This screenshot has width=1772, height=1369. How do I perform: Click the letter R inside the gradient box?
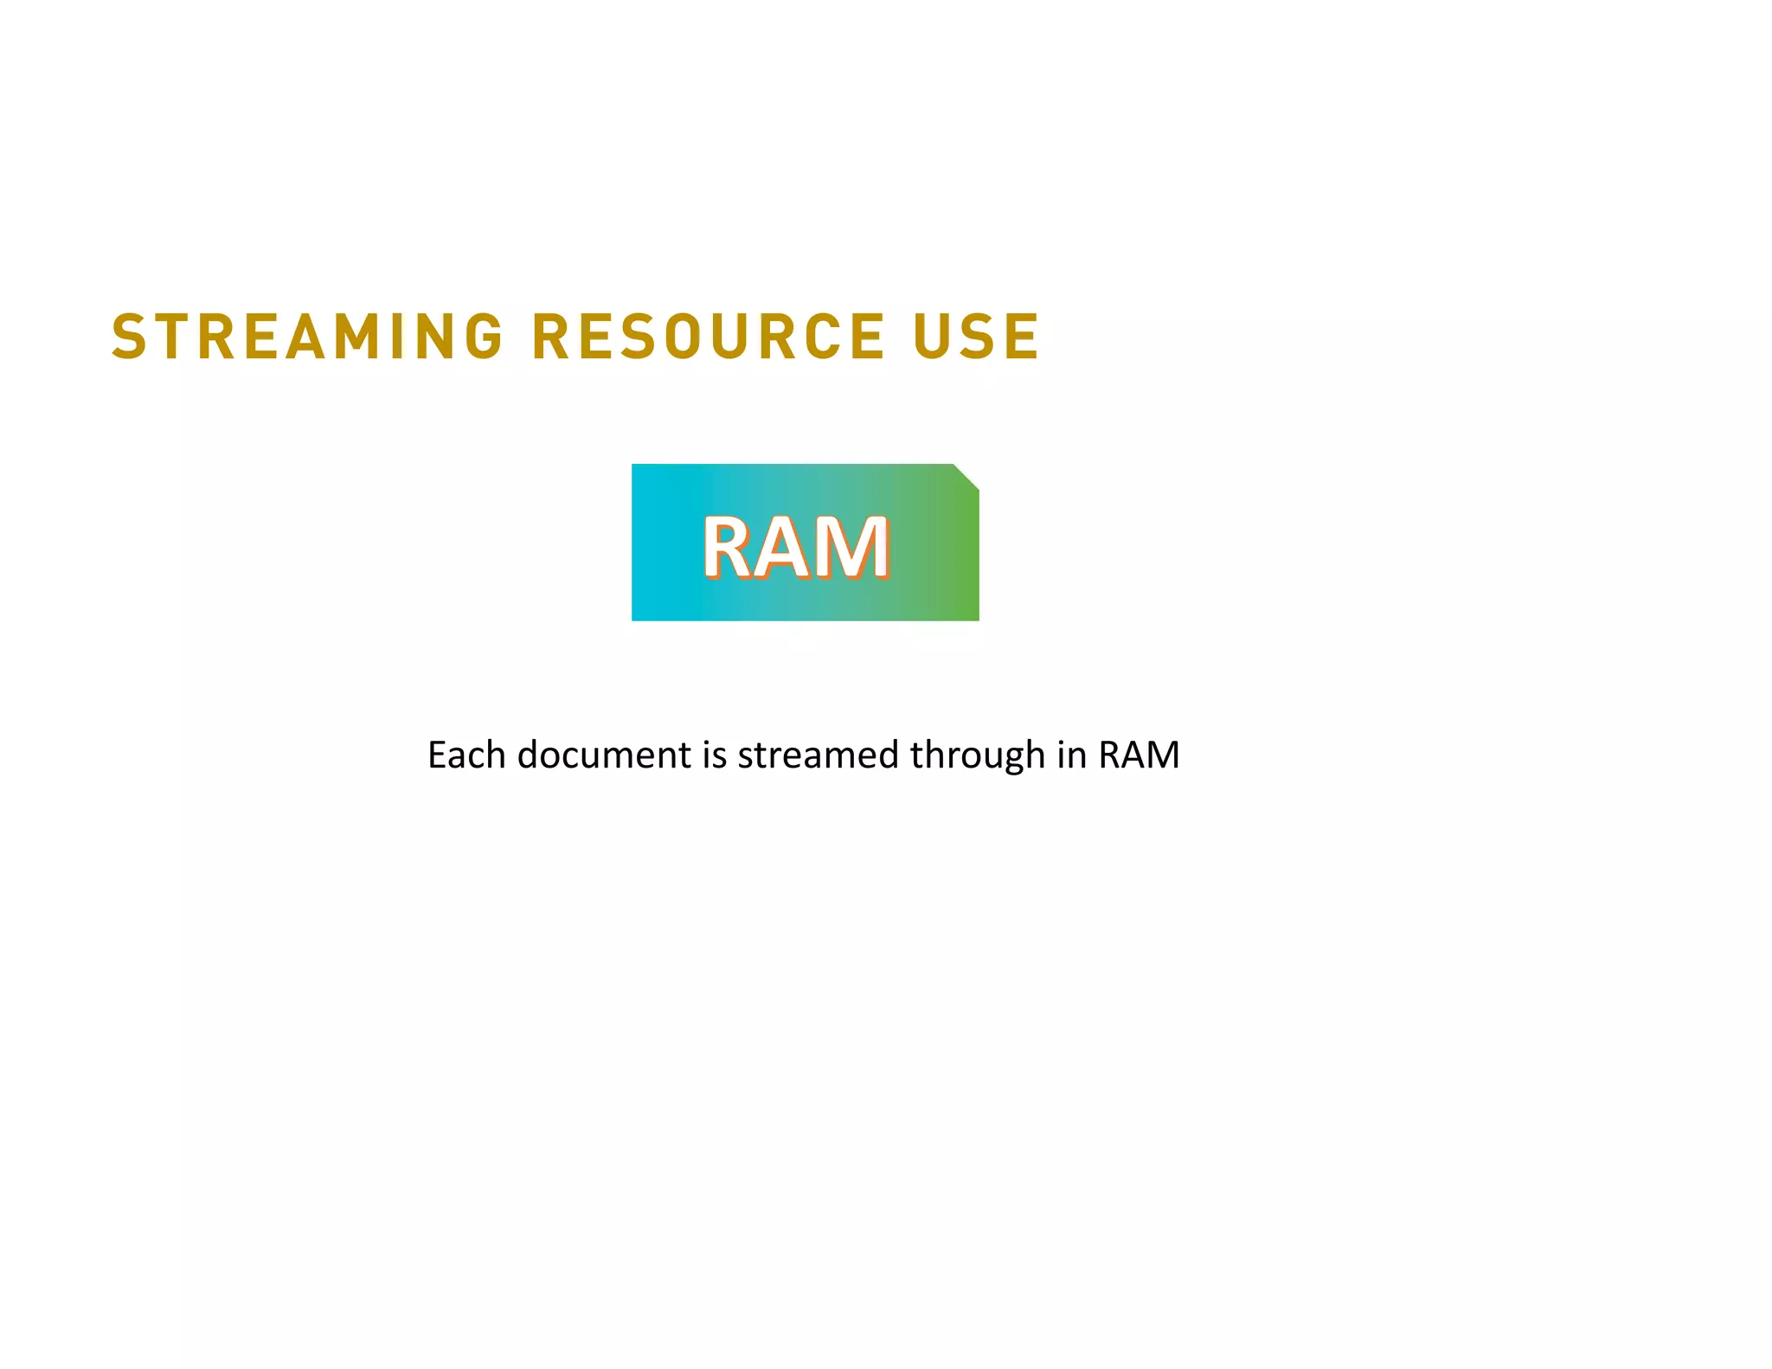(x=731, y=547)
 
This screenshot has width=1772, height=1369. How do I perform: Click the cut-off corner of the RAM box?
(x=967, y=477)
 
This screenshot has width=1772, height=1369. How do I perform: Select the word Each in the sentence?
(x=466, y=755)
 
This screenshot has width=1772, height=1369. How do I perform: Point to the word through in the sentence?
(x=977, y=756)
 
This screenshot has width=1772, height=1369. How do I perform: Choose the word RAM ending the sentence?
(x=1139, y=755)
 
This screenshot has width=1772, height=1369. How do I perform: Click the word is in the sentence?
(x=715, y=755)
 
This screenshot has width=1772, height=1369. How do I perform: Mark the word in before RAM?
(x=1071, y=755)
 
